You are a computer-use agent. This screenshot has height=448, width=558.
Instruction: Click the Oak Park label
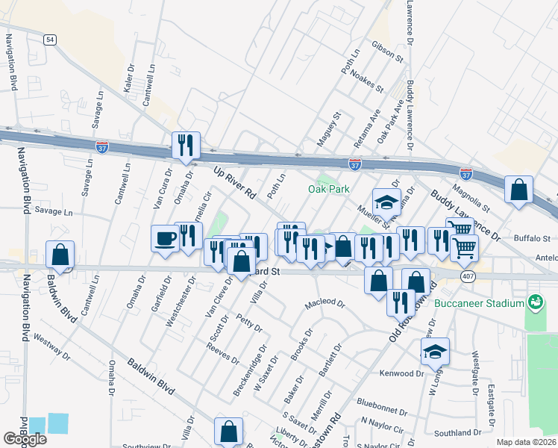[329, 189]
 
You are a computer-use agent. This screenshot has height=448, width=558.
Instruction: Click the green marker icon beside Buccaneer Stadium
[534, 302]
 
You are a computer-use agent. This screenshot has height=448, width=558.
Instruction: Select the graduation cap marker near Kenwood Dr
[435, 352]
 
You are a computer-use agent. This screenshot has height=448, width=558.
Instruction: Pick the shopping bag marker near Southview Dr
[228, 431]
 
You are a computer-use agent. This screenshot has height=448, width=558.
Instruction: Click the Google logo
[25, 439]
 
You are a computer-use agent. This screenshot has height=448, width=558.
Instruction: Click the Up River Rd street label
[234, 183]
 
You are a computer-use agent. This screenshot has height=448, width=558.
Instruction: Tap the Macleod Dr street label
[325, 305]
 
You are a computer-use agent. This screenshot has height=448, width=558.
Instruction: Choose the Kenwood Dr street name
[401, 373]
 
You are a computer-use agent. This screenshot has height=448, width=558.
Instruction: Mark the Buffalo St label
[531, 238]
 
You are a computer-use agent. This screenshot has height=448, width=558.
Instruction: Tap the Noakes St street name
[366, 84]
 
